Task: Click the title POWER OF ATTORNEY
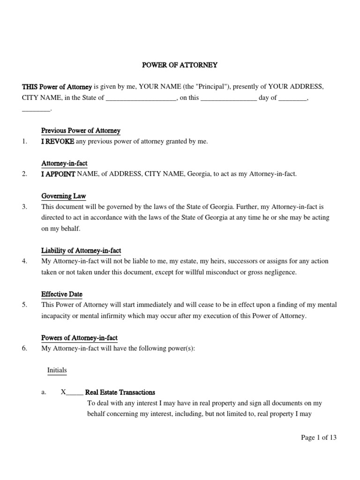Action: click(x=180, y=65)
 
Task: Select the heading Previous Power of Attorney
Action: click(x=81, y=131)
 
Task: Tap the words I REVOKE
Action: click(x=58, y=141)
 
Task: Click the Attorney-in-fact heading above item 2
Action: click(x=64, y=164)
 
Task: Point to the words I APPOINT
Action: click(x=58, y=174)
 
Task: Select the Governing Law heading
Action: click(x=63, y=196)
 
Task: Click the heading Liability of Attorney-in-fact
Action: click(x=81, y=251)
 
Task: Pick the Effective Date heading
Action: click(x=61, y=294)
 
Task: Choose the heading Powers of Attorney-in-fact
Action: click(x=79, y=338)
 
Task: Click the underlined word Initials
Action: click(x=57, y=370)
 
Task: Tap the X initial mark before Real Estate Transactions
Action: click(x=63, y=392)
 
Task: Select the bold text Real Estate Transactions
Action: click(x=120, y=392)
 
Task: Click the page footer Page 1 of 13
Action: click(x=319, y=438)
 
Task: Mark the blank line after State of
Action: click(x=141, y=99)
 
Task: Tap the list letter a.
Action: click(x=44, y=393)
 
